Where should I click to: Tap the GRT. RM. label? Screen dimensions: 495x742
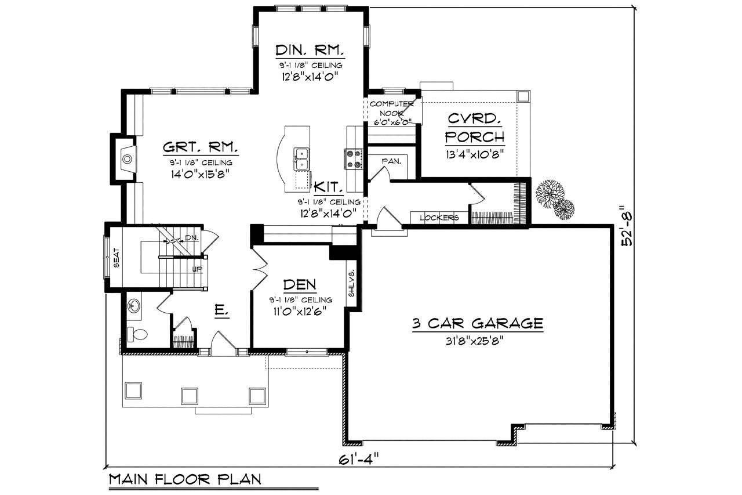tap(200, 147)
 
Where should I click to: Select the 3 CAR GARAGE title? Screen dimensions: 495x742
tap(478, 323)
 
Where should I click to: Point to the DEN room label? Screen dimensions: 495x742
tap(300, 284)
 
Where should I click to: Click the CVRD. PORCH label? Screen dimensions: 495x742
tap(474, 128)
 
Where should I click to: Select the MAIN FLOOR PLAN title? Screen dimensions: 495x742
tap(185, 479)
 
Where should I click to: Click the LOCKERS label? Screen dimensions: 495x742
tap(439, 218)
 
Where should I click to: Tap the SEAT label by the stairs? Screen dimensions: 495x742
tap(116, 258)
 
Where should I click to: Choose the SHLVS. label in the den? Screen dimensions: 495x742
tap(351, 284)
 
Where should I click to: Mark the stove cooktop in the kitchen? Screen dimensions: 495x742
tap(354, 159)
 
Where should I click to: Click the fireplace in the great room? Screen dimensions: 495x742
tap(126, 157)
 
